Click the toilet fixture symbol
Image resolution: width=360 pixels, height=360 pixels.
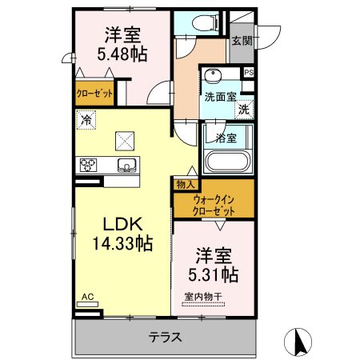click(x=206, y=23)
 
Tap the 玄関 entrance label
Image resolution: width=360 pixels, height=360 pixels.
click(x=242, y=41)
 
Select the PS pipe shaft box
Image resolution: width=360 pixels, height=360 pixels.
click(x=249, y=72)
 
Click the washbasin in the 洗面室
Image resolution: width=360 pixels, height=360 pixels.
click(x=213, y=75)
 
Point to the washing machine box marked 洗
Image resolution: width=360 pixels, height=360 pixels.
click(x=244, y=110)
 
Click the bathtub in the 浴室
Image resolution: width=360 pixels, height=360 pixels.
click(x=227, y=162)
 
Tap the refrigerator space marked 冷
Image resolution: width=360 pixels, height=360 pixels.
click(x=86, y=120)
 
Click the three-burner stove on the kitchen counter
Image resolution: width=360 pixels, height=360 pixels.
click(x=88, y=165)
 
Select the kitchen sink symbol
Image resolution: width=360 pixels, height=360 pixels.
click(x=127, y=165)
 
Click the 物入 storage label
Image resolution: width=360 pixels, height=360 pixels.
click(x=186, y=184)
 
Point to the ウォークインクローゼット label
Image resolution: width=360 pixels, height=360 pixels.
click(x=214, y=205)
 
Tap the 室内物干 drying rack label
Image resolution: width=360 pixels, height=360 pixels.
click(x=203, y=296)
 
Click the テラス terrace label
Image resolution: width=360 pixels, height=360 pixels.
click(x=166, y=337)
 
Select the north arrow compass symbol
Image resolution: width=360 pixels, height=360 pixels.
click(x=298, y=342)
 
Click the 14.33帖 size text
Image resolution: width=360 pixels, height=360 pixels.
click(x=122, y=242)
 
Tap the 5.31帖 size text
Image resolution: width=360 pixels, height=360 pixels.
click(x=214, y=274)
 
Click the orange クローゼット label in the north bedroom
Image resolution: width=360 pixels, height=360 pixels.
click(x=94, y=94)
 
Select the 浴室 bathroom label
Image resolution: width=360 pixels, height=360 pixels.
click(x=226, y=138)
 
